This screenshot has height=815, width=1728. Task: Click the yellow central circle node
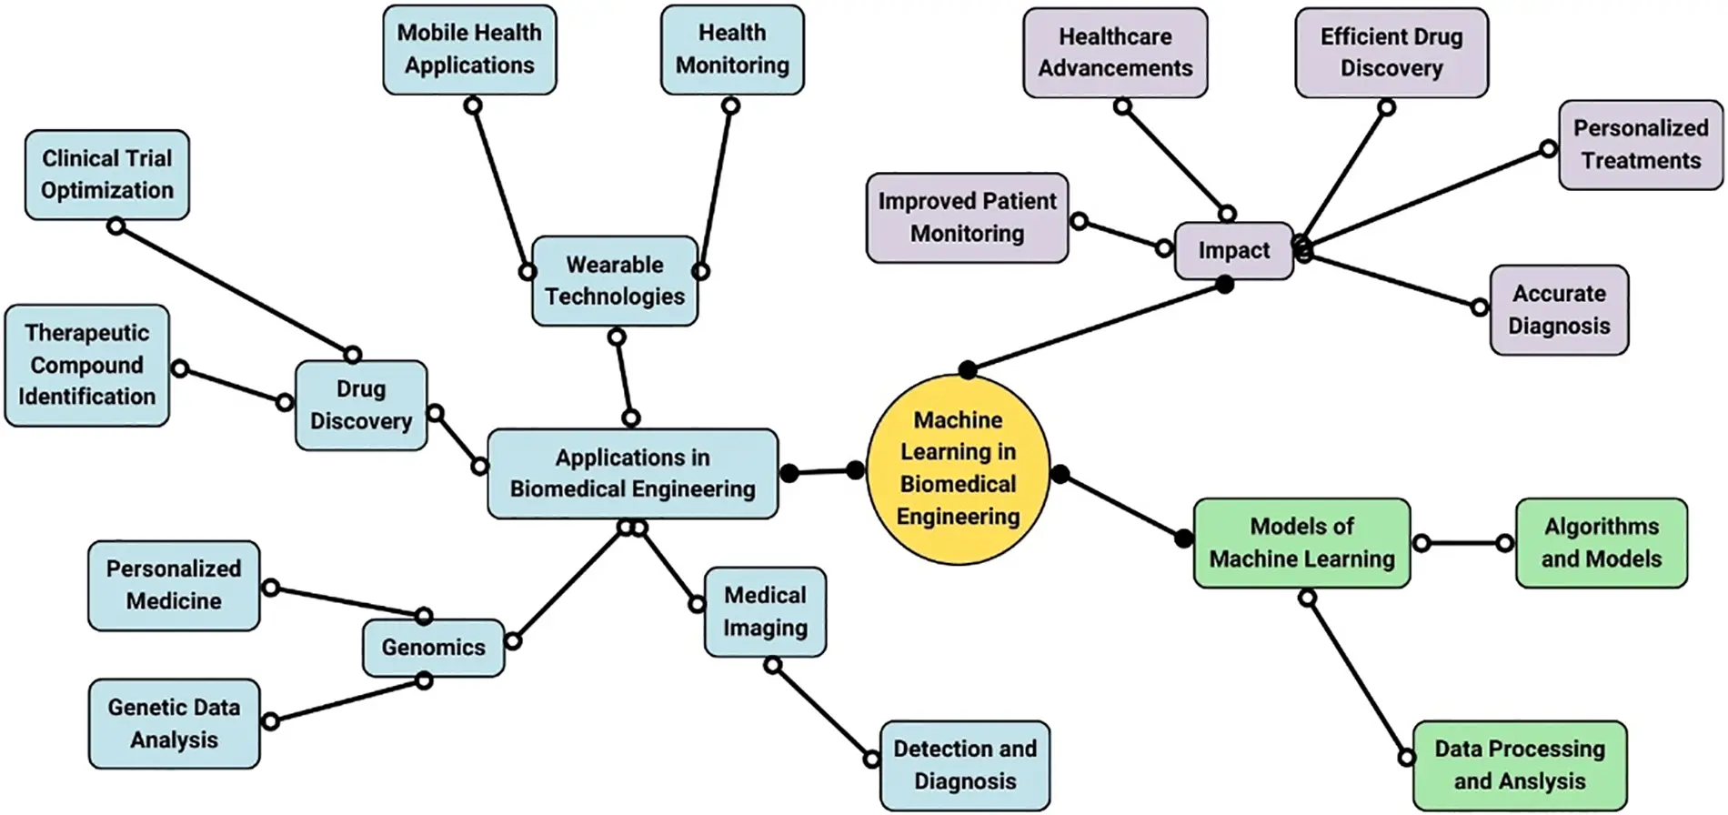(x=958, y=469)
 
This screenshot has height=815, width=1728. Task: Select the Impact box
(x=1233, y=251)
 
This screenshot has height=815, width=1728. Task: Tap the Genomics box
(x=433, y=648)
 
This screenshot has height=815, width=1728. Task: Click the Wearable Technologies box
(x=615, y=281)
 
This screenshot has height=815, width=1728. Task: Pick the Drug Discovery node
(x=361, y=406)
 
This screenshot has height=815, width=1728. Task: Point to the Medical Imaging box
(x=765, y=612)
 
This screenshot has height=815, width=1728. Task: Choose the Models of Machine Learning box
(x=1301, y=543)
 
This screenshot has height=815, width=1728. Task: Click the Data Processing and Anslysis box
(x=1519, y=765)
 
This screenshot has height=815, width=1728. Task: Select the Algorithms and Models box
(x=1601, y=543)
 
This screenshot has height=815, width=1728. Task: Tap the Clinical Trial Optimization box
(x=107, y=175)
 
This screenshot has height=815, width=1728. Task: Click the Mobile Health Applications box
(x=469, y=49)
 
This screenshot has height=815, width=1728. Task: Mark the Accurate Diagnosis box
(x=1559, y=310)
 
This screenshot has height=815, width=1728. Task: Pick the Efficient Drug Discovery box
(x=1391, y=53)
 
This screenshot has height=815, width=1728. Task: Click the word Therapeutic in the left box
(x=86, y=333)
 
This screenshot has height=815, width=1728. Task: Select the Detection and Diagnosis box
(x=965, y=765)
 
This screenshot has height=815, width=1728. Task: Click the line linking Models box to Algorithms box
(x=1462, y=543)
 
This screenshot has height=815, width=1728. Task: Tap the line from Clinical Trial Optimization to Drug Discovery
(x=235, y=290)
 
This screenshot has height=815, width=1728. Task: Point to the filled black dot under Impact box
(x=1225, y=286)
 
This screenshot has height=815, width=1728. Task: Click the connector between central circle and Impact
(x=1096, y=327)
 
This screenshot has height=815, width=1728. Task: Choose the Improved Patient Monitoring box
(x=967, y=218)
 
